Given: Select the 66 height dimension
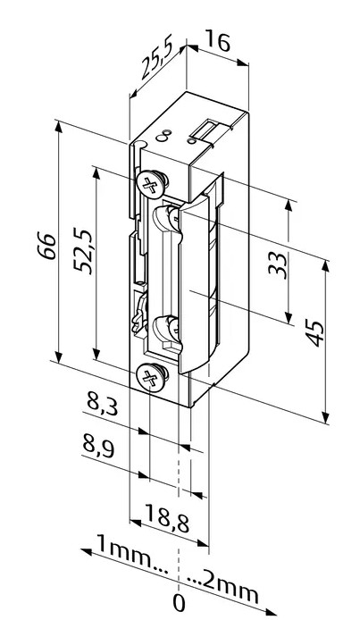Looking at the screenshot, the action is (48, 247).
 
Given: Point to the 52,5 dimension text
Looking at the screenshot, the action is (84, 250).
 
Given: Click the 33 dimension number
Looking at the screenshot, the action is (278, 265).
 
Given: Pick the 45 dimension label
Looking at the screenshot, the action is (315, 334).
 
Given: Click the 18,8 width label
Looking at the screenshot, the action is (166, 518).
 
